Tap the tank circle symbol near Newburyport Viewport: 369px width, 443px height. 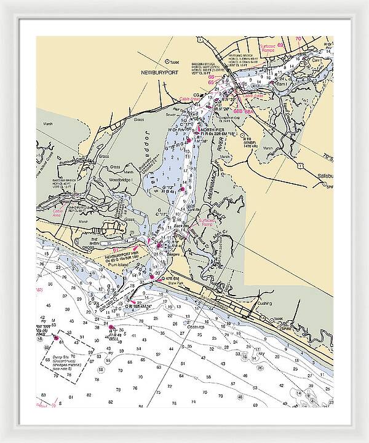(x=167, y=61)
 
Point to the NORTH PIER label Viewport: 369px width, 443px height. (x=208, y=128)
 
